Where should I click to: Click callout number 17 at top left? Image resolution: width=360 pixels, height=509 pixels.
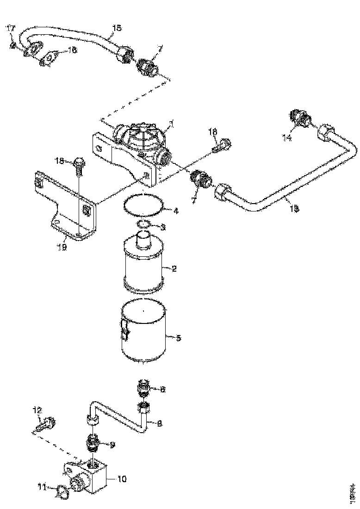[x=10, y=29]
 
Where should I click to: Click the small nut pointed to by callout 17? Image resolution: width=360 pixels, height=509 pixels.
[x=13, y=45]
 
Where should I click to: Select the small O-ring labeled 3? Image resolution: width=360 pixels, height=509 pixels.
[x=143, y=225]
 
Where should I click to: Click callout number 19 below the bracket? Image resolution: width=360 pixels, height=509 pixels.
[x=62, y=247]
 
